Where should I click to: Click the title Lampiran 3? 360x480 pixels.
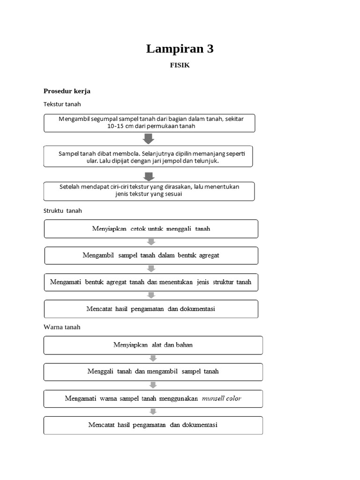coord(180,49)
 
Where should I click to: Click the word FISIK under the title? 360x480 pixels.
coord(180,66)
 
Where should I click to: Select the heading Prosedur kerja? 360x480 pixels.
coord(67,91)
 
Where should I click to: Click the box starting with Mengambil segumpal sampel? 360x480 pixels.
coord(150,122)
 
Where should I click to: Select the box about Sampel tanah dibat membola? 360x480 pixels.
coord(148,157)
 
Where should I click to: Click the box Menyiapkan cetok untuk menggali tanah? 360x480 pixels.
coord(151,229)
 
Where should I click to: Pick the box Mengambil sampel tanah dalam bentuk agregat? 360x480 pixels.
coord(151,255)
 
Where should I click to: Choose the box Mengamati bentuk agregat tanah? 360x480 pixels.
coord(151,282)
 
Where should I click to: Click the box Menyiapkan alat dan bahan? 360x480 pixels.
coord(153,345)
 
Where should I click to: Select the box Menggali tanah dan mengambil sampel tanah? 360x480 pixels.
coord(153,371)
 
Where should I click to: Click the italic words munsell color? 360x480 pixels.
coord(221,398)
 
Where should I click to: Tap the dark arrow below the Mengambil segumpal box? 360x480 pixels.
coord(149,139)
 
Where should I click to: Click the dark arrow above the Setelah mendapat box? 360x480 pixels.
coord(149,176)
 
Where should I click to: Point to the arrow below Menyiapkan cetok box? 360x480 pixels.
coord(151,242)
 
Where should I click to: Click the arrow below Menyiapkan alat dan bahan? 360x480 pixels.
coord(153,358)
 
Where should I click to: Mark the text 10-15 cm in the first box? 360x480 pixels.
coord(119,126)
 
